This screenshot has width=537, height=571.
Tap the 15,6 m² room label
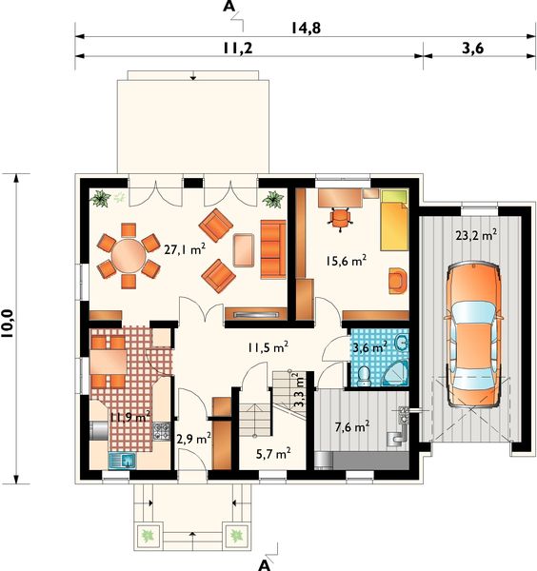pyautogui.click(x=347, y=261)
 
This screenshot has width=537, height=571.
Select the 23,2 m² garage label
pyautogui.click(x=476, y=235)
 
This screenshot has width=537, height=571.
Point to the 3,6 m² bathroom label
pyautogui.click(x=369, y=347)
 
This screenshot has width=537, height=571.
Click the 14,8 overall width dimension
pyautogui.click(x=306, y=28)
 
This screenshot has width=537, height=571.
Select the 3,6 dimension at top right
pyautogui.click(x=473, y=49)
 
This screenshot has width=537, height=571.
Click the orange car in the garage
pyautogui.click(x=472, y=334)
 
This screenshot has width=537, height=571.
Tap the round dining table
pyautogui.click(x=129, y=255)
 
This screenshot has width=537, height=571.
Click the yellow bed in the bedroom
pyautogui.click(x=394, y=220)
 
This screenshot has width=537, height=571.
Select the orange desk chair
pyautogui.click(x=340, y=219)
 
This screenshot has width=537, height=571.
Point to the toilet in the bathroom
pyautogui.click(x=364, y=377)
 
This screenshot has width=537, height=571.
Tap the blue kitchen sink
pyautogui.click(x=123, y=461)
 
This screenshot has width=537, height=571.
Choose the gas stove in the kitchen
pyautogui.click(x=162, y=431)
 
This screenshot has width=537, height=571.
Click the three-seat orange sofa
pyautogui.click(x=273, y=249)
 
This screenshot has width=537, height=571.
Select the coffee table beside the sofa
pyautogui.click(x=244, y=250)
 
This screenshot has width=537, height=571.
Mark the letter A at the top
pyautogui.click(x=229, y=7)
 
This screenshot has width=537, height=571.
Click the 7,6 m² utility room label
pyautogui.click(x=352, y=426)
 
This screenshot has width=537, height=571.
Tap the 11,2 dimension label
pyautogui.click(x=237, y=49)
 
